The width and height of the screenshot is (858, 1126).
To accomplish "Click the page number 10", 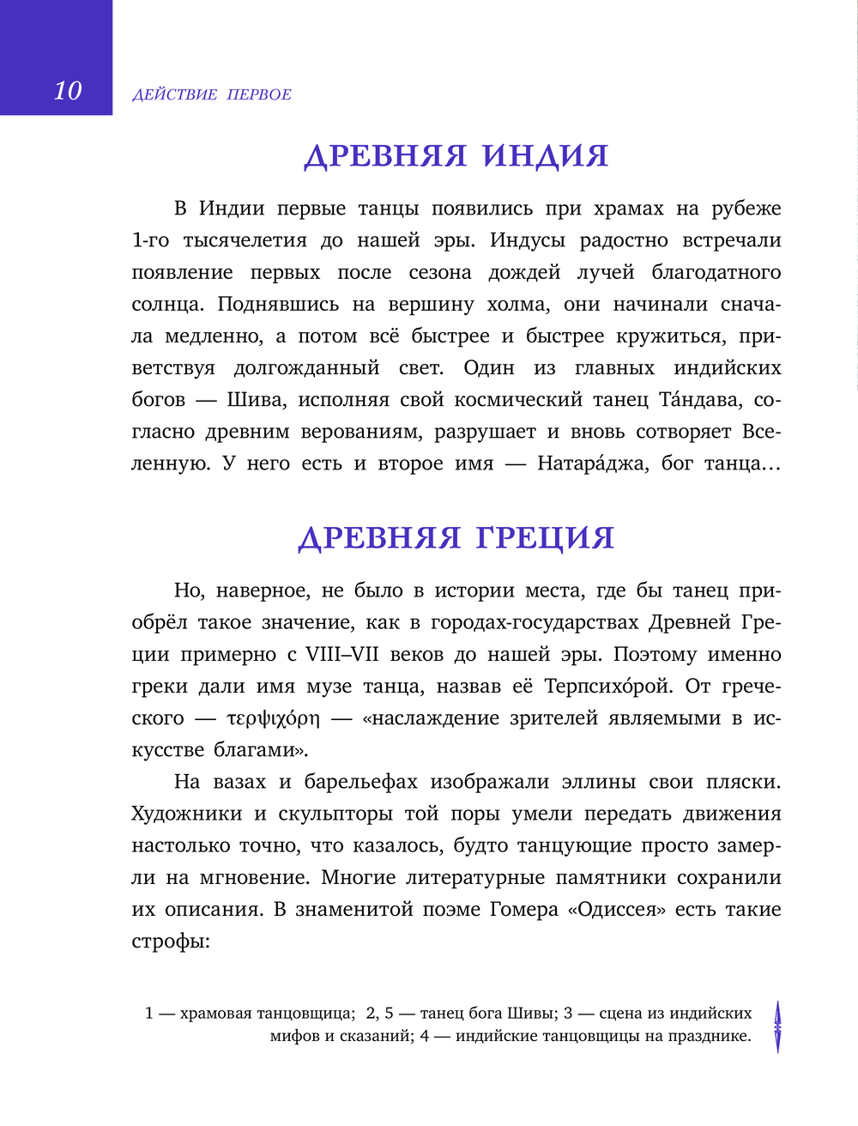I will pos(68,91).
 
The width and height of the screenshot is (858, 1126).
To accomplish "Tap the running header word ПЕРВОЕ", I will pos(259,95).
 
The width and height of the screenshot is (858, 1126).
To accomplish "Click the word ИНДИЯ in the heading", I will pos(545,156).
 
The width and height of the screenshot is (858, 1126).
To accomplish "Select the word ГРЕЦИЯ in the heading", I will pos(545,538).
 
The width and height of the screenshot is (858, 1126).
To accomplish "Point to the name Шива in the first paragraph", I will pos(247,400).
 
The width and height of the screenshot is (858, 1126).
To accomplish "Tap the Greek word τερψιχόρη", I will pos(273,718).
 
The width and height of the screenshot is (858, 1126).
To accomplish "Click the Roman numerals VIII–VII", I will pos(342,655).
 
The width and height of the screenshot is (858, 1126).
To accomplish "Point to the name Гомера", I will pos(523,910).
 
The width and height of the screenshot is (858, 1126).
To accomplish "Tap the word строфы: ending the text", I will pos(171,941).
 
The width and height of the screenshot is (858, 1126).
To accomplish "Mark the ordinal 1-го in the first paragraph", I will pos(150,241).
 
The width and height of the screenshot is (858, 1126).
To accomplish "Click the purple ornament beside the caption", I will pos(777,1026).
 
